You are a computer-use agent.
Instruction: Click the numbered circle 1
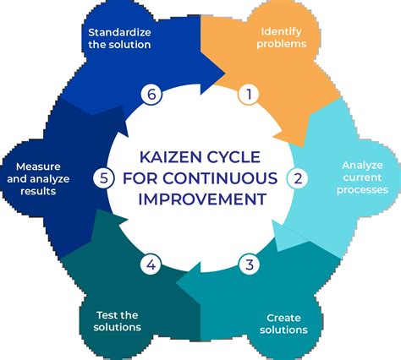click(248, 95)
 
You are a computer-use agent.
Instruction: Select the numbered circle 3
click(248, 265)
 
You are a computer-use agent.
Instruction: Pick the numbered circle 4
click(151, 265)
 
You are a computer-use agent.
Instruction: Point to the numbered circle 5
click(103, 178)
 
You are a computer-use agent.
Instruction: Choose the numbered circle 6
click(151, 95)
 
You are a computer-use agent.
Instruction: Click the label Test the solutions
click(113, 320)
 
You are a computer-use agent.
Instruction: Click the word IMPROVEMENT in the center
click(200, 199)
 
